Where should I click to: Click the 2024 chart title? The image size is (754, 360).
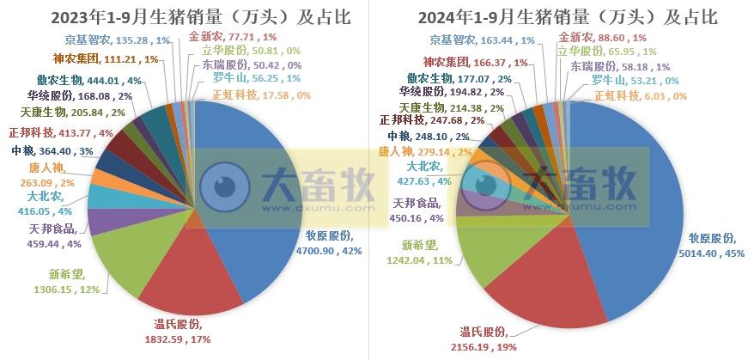click(568, 18)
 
